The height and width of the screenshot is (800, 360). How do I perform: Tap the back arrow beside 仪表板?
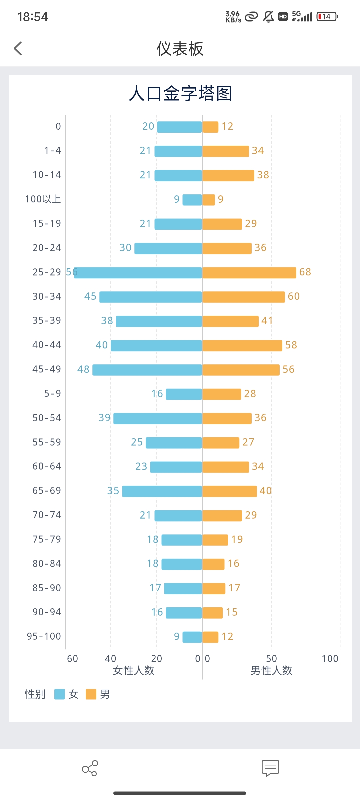[18, 49]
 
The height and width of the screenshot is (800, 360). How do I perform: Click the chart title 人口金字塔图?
[180, 93]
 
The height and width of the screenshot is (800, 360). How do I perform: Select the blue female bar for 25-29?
[138, 272]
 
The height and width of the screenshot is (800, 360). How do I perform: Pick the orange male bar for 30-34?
[244, 297]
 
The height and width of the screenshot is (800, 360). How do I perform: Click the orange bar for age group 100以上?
[209, 200]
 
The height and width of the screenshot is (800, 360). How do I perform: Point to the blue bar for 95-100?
[192, 637]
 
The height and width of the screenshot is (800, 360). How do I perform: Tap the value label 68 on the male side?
[305, 272]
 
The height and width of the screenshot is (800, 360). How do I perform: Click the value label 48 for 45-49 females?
[83, 369]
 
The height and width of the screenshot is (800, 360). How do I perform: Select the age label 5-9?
[52, 394]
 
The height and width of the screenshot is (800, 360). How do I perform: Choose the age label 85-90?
[47, 588]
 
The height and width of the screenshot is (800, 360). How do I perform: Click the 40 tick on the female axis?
[111, 659]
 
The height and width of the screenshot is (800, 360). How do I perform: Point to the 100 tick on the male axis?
[330, 659]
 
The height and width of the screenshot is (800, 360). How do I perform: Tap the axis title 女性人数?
[134, 671]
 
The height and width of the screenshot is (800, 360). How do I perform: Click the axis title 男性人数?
[271, 671]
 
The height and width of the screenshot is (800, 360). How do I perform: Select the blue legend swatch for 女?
[59, 694]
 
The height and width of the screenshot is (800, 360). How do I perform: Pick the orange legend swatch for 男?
[91, 694]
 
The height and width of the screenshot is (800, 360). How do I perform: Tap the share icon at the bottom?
[90, 768]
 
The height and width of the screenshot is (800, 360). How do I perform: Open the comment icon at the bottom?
[270, 768]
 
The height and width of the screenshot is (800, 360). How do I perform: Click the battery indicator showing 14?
[327, 17]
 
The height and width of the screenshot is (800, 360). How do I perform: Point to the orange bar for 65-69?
[230, 491]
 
